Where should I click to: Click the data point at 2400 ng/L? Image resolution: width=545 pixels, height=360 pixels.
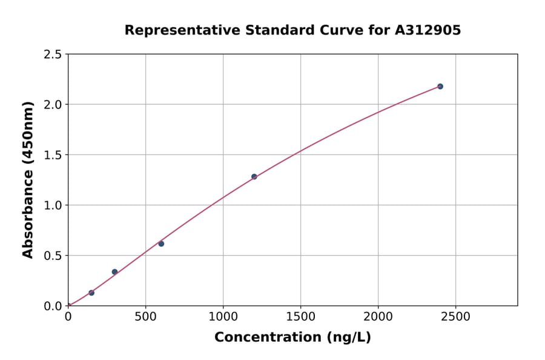coord(440,87)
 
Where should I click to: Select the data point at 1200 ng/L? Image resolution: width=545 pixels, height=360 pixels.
coord(254,177)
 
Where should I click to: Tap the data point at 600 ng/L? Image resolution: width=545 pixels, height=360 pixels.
coord(161,244)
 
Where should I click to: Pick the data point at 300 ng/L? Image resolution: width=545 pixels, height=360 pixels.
coord(114,272)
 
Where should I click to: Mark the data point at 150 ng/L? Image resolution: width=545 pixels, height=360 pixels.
coord(91,293)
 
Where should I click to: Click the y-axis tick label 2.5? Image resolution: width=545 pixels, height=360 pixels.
coord(53,55)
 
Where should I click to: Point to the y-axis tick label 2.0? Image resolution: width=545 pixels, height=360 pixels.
coord(53,105)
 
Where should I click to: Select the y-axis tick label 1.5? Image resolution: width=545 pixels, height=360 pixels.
coord(53,155)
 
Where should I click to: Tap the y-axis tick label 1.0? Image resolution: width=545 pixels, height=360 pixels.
coord(53,205)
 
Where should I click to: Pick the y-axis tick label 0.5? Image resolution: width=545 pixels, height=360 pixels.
coord(53,256)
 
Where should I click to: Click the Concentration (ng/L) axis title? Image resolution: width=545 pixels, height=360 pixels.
coord(292,338)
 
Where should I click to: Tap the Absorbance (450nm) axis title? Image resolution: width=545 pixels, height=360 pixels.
coord(28,179)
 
